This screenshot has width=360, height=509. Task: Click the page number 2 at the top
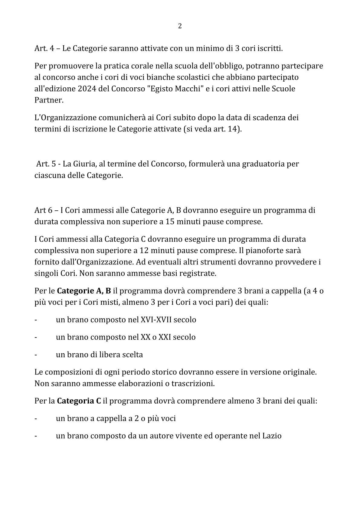[180, 26]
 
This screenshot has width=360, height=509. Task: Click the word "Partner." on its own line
[49, 100]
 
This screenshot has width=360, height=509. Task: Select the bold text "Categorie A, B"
[84, 291]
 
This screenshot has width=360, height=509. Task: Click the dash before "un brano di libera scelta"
[36, 355]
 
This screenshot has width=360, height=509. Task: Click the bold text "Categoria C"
[79, 401]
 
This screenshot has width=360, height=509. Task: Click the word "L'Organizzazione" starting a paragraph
[65, 118]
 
